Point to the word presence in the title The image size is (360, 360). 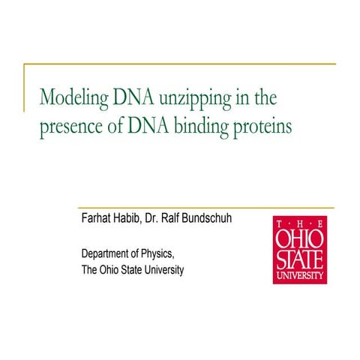70,126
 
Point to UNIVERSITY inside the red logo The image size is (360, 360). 300,275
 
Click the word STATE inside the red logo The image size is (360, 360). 300,259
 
